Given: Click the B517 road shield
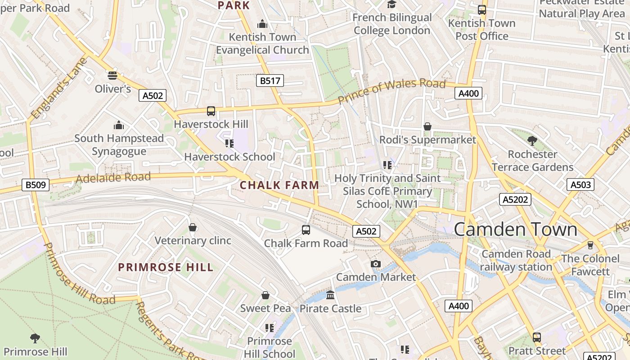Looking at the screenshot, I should click(270, 81).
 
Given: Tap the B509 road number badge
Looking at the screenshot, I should click(36, 185).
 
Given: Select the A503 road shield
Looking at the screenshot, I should click(580, 184).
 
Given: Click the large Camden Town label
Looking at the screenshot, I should click(515, 229).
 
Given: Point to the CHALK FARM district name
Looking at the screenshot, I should click(279, 185).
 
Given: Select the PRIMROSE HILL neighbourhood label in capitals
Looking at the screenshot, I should click(166, 267).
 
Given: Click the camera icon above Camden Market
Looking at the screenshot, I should click(376, 264).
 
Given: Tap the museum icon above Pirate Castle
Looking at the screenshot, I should click(330, 295).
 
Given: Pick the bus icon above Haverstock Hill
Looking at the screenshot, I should click(211, 111).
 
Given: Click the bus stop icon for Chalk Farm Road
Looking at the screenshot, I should click(306, 230).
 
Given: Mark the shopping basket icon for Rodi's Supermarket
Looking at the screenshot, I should click(427, 127).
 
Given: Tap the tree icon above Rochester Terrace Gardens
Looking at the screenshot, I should click(532, 141).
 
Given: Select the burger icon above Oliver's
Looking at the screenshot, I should click(112, 75).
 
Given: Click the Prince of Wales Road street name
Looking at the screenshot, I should click(391, 90).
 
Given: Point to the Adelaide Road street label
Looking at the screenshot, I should click(113, 178).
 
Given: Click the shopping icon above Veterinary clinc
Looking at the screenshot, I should click(193, 227).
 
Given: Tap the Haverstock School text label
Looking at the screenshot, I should click(229, 157).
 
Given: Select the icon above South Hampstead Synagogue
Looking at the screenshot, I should click(119, 125).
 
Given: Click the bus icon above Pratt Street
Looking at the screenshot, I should click(536, 337).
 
